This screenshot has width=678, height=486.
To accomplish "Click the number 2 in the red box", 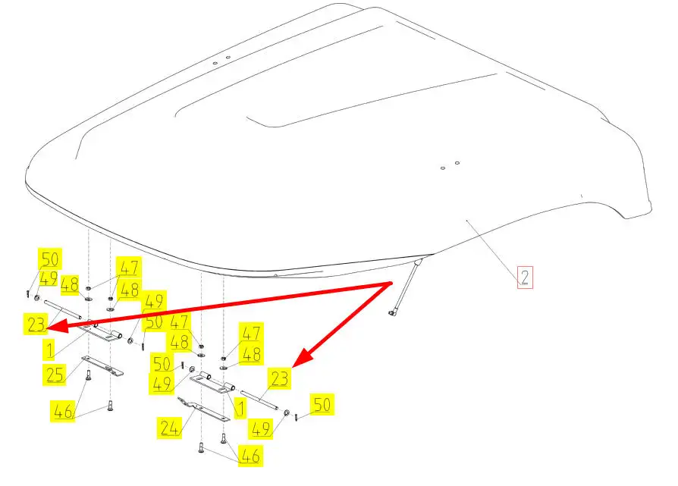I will point(524,276).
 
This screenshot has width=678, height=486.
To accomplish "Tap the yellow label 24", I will point(169,428).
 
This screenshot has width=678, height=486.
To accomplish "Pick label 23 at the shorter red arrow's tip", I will point(279,377).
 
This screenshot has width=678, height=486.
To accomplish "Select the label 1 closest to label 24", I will point(240,409).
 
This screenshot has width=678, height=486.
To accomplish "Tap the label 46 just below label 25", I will point(64,412).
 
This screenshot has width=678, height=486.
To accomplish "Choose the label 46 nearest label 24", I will point(250,456).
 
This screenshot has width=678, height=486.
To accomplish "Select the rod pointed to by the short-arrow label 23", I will point(258,397).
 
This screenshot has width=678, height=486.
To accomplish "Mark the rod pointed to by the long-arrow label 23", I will point(63,311).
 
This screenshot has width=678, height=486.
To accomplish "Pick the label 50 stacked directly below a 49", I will point(153,321).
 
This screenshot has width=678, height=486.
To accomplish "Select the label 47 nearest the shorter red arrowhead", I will point(251,332).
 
